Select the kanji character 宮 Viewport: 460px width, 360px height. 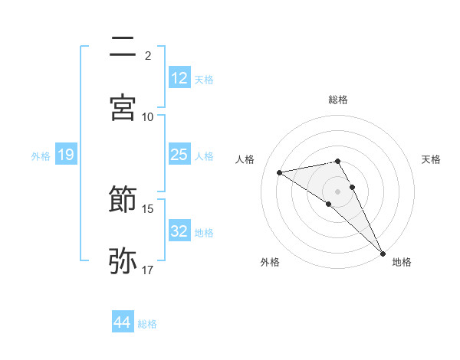pyautogui.click(x=123, y=107)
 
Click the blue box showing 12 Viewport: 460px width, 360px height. pyautogui.click(x=179, y=78)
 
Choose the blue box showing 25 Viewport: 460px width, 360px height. pyautogui.click(x=179, y=155)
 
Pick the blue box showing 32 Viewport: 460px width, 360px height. pyautogui.click(x=179, y=231)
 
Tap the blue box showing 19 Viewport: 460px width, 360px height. pyautogui.click(x=66, y=155)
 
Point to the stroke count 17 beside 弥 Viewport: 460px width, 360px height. pyautogui.click(x=148, y=270)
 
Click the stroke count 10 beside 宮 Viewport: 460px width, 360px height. pyautogui.click(x=148, y=116)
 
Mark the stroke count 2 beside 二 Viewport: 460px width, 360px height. pyautogui.click(x=148, y=55)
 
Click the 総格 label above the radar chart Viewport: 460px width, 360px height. pyautogui.click(x=338, y=100)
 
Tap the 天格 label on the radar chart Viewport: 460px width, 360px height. pyautogui.click(x=432, y=159)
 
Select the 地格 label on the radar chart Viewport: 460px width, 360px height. pyautogui.click(x=402, y=262)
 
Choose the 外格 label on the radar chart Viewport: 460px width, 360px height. pyautogui.click(x=270, y=262)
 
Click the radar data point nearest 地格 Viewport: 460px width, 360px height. pyautogui.click(x=383, y=253)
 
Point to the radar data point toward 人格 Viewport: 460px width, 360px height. pyautogui.click(x=280, y=172)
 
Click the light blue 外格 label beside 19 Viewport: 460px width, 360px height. pyautogui.click(x=41, y=155)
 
